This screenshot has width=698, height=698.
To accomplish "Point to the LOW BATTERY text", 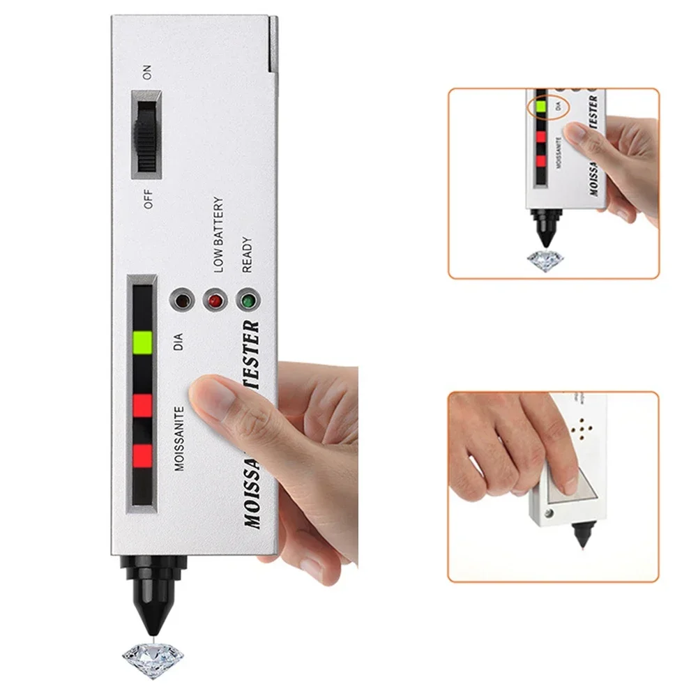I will [218, 234].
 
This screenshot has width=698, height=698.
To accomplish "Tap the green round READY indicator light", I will [246, 301].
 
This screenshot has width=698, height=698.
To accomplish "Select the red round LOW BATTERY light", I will [214, 301].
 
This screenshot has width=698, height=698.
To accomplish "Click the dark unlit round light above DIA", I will [181, 301].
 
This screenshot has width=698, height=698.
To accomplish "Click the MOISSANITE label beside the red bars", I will [179, 439].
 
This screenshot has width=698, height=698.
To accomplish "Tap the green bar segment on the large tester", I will [142, 342].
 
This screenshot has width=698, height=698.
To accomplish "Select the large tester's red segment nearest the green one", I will [142, 404].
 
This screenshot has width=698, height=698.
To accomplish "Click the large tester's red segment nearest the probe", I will [142, 455].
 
